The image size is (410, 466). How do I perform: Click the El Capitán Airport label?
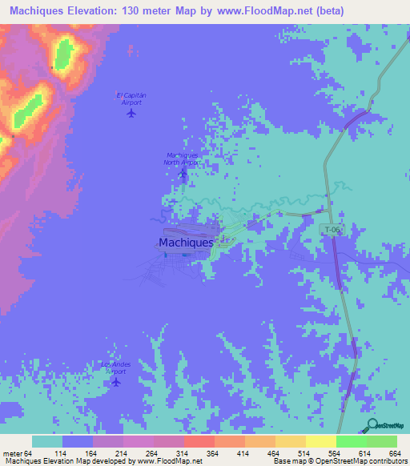pos(131,98)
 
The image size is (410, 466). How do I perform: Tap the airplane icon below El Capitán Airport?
pos(131,113)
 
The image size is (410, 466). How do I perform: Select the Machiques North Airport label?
pos(182,159)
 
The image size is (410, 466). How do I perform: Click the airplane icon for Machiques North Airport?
pos(183,172)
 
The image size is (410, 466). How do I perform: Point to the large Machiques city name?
pos(186,242)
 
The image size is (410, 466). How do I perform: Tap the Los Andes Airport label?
pos(116,368)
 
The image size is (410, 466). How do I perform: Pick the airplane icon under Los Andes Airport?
pos(117,381)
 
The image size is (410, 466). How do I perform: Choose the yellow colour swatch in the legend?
pos(320,441)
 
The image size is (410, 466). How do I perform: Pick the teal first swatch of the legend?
pos(46,441)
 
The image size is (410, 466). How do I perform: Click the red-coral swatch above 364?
pos(199,441)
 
